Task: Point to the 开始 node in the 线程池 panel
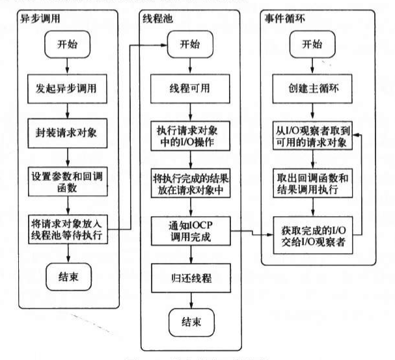[x=190, y=46]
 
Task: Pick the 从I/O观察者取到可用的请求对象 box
[x=313, y=138]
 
